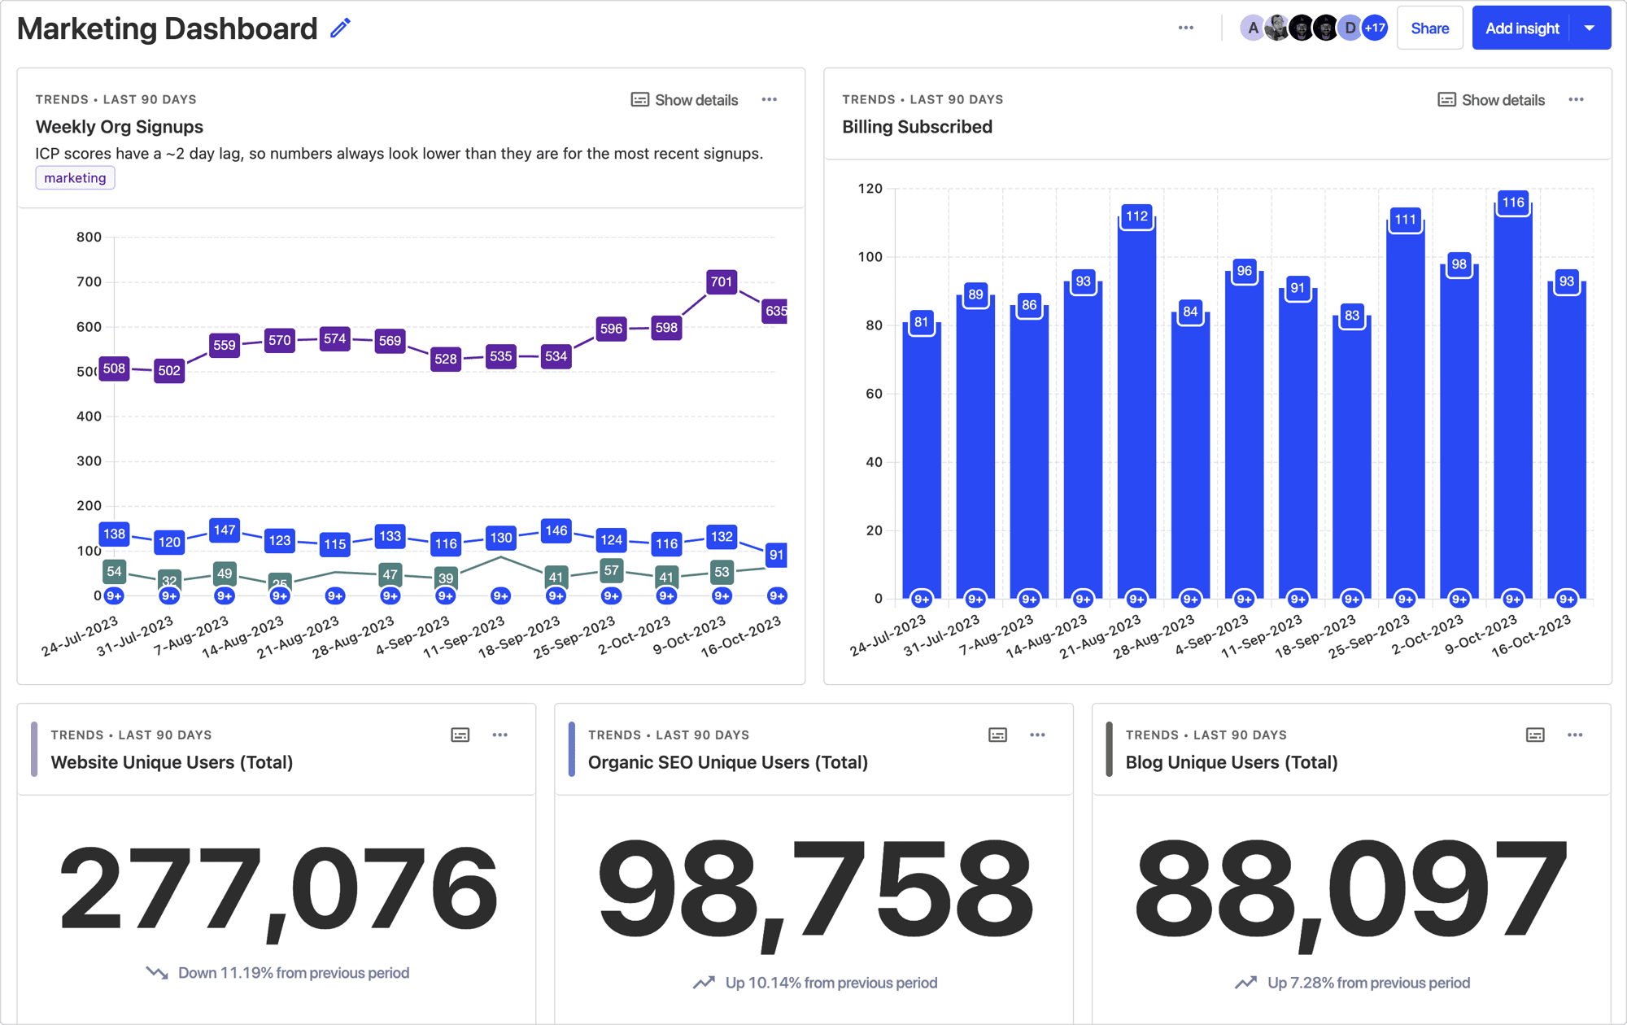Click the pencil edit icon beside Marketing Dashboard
(340, 28)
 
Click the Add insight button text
(1521, 28)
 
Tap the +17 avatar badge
(1374, 28)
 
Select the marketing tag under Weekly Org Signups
(75, 177)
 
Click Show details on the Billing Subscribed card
(1491, 100)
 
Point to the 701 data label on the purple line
(721, 281)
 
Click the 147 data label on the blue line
(224, 530)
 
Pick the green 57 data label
(611, 570)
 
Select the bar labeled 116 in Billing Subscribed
(1512, 407)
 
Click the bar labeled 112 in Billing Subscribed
(1136, 407)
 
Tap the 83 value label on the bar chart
(1351, 316)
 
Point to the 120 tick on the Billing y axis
(870, 188)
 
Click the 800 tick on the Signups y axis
(89, 237)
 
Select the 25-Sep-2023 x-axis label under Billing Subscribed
(1369, 636)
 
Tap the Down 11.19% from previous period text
(293, 973)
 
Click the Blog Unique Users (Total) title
(1231, 762)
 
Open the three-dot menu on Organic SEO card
(1037, 735)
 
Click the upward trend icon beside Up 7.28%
(1245, 983)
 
